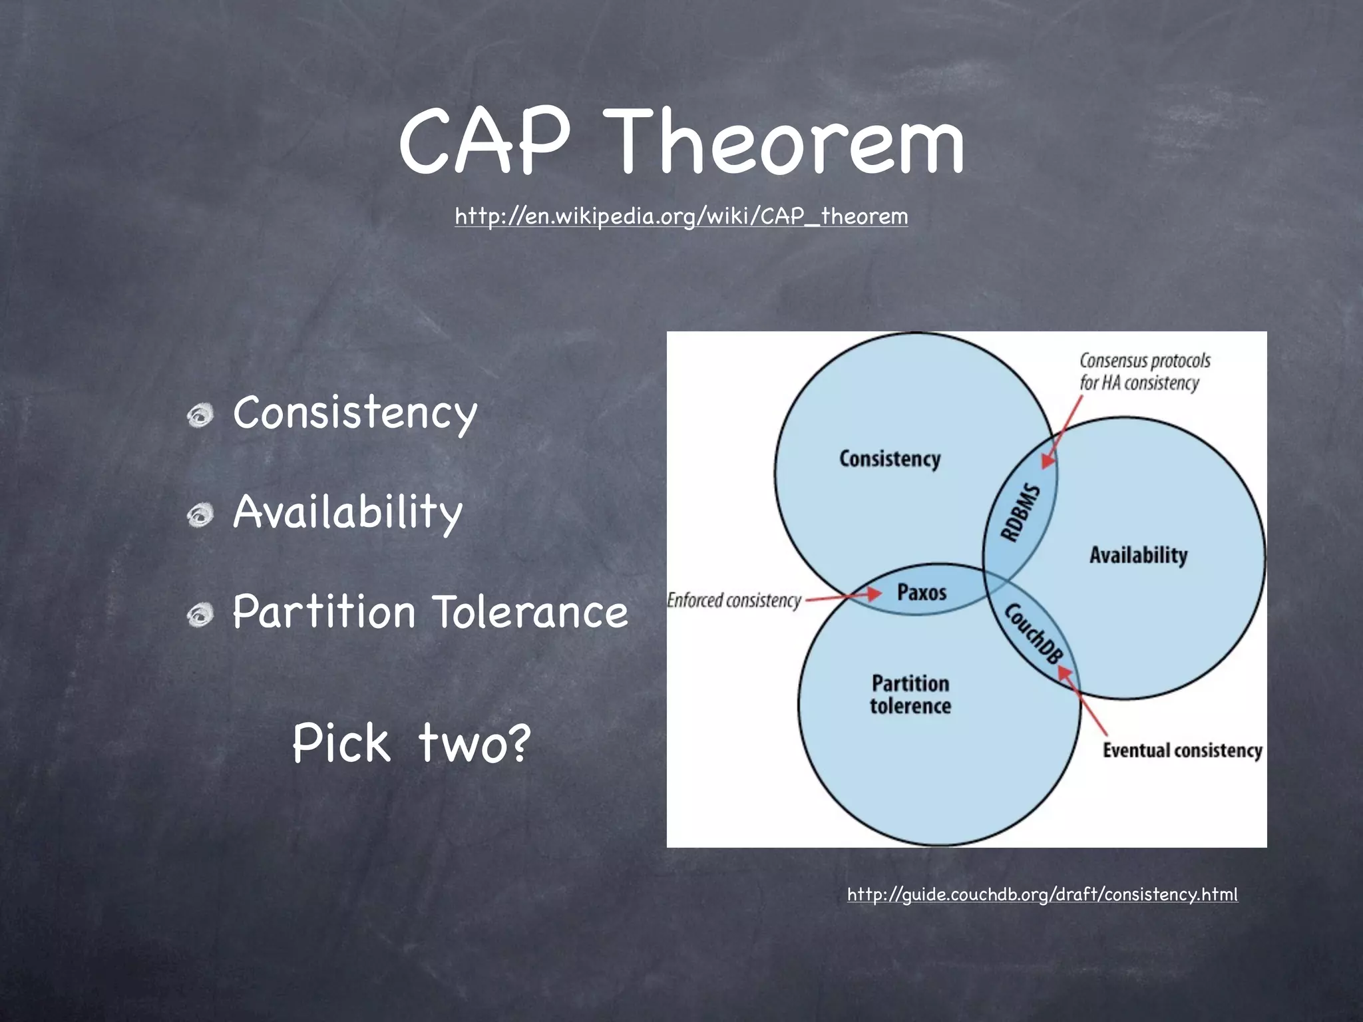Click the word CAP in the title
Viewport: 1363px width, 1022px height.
(485, 143)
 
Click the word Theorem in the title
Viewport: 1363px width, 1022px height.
(787, 143)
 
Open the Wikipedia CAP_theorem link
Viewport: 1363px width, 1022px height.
(681, 216)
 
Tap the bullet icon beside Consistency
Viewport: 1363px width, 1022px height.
(200, 417)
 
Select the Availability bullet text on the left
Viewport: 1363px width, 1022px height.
(347, 512)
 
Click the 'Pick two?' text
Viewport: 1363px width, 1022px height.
(411, 743)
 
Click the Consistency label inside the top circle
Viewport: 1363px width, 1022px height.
(889, 459)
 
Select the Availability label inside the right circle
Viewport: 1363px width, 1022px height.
(1138, 555)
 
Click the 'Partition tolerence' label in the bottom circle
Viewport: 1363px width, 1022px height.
(910, 695)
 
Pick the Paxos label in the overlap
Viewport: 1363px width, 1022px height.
(921, 592)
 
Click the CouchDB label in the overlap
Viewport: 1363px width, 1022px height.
(1032, 633)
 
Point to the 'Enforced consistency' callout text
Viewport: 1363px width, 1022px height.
(734, 600)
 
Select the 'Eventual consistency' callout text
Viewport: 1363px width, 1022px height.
(1182, 751)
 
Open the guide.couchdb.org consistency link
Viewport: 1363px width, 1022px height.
(1042, 894)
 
